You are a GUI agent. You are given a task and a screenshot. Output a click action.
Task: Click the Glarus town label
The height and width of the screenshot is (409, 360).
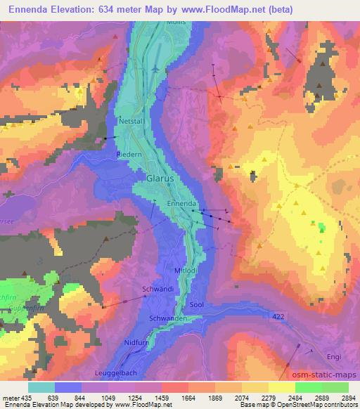(161, 178)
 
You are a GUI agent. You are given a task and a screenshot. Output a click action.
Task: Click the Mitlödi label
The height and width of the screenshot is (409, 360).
(186, 270)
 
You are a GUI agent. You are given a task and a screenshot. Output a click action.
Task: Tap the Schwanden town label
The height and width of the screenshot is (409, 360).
(167, 318)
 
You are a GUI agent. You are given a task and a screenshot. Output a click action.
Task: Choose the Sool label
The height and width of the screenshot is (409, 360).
(197, 304)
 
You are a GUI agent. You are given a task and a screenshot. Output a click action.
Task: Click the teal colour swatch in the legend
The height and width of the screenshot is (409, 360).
(41, 387)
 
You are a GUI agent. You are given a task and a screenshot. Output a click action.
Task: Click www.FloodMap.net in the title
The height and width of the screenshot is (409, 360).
(219, 9)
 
